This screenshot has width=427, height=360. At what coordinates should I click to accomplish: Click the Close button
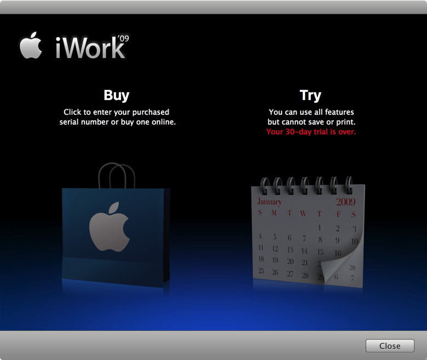click(390, 346)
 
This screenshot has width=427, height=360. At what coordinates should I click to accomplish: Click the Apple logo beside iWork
click(31, 47)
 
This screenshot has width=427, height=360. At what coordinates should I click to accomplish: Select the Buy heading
click(117, 95)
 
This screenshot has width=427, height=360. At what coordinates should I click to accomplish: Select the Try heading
click(310, 95)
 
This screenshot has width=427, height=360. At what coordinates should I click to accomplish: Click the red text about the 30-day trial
click(310, 132)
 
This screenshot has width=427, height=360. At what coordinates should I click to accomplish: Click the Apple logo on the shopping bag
click(109, 227)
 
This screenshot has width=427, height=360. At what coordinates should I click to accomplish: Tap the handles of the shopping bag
click(116, 175)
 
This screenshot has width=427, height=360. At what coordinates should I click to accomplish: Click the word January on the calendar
click(269, 202)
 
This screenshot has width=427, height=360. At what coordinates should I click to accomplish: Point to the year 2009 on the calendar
click(346, 201)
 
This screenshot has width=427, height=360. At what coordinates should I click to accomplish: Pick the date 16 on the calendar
click(338, 253)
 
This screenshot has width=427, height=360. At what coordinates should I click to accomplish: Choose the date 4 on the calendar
click(261, 236)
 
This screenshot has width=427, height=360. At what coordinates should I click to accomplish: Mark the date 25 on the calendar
click(261, 271)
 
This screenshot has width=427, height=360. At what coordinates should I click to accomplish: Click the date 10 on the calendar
click(354, 241)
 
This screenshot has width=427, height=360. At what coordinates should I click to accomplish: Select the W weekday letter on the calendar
click(303, 214)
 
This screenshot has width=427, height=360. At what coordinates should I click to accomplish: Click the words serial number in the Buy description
click(84, 122)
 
